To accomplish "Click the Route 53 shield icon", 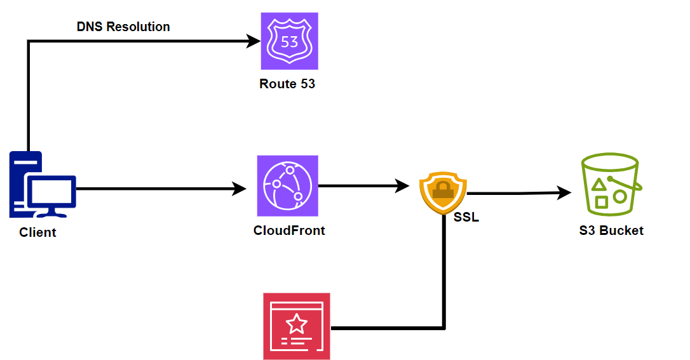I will [x=289, y=41].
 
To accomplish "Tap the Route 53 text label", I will [x=287, y=84].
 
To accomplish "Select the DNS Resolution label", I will [x=123, y=27].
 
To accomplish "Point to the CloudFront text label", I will [x=289, y=230].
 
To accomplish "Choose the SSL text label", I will [x=466, y=218].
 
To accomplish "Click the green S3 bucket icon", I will [x=610, y=185].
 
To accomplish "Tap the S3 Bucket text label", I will [x=611, y=230].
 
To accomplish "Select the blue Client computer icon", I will [x=42, y=185].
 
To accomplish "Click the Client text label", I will [x=37, y=232].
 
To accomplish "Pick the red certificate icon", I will [x=297, y=326].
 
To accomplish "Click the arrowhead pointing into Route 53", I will [x=254, y=42].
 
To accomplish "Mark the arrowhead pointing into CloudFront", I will [x=240, y=189].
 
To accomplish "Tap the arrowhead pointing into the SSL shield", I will [x=402, y=186].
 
